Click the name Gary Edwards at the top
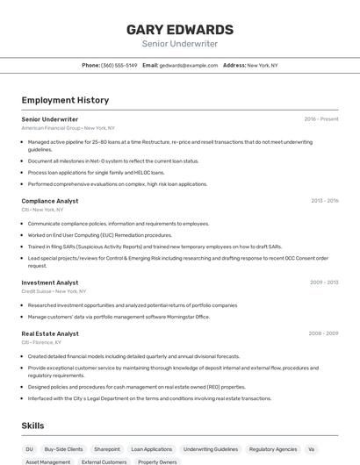pyautogui.click(x=179, y=29)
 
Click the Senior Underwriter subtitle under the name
pyautogui.click(x=179, y=44)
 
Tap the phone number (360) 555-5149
pyautogui.click(x=119, y=65)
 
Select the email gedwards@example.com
pyautogui.click(x=189, y=65)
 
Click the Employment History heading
pyautogui.click(x=65, y=100)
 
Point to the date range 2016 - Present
pyautogui.click(x=320, y=119)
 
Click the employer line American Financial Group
pyautogui.click(x=68, y=128)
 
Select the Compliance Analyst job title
pyautogui.click(x=50, y=201)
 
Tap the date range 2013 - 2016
pyautogui.click(x=324, y=201)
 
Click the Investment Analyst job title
pyautogui.click(x=50, y=283)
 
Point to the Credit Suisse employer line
pyautogui.click(x=54, y=291)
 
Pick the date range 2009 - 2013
pyautogui.click(x=324, y=283)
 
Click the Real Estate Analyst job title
pyautogui.click(x=50, y=333)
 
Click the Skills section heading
pyautogui.click(x=33, y=426)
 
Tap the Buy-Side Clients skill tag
pyautogui.click(x=63, y=449)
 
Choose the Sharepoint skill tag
pyautogui.click(x=107, y=449)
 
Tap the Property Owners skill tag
pyautogui.click(x=157, y=461)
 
